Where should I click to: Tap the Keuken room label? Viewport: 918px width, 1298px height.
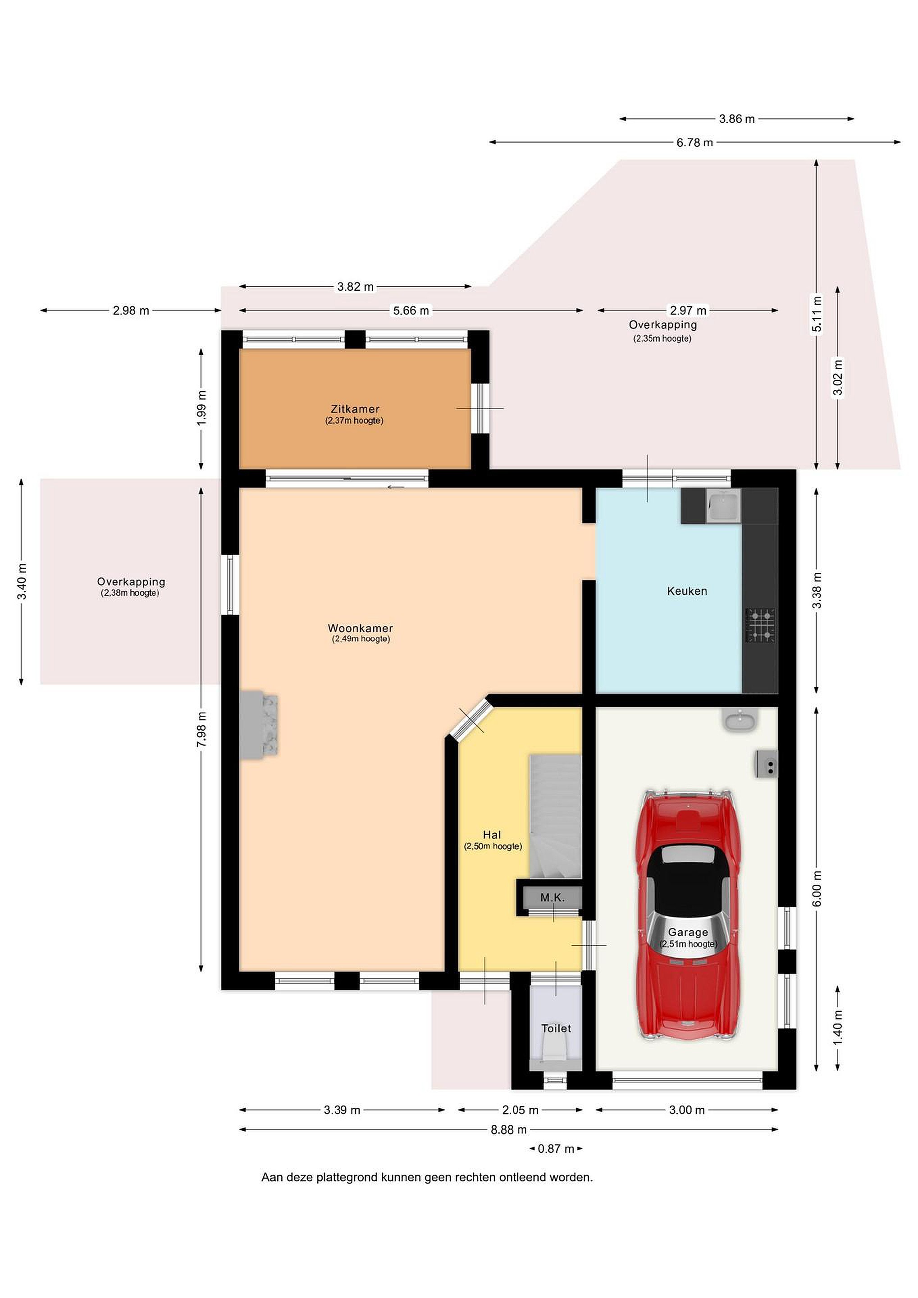pyautogui.click(x=687, y=591)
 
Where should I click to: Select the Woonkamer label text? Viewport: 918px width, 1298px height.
pyautogui.click(x=360, y=628)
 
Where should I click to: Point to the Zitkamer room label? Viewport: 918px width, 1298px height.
pyautogui.click(x=355, y=409)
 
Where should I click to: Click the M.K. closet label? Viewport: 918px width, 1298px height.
pyautogui.click(x=552, y=897)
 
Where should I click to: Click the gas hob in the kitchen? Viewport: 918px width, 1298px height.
pyautogui.click(x=760, y=625)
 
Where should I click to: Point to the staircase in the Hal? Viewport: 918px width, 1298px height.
pyautogui.click(x=555, y=816)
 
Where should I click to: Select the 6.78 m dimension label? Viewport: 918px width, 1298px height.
pyautogui.click(x=695, y=142)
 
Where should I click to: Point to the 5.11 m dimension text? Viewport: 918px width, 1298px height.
pyautogui.click(x=816, y=315)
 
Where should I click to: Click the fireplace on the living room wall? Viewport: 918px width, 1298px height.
pyautogui.click(x=260, y=725)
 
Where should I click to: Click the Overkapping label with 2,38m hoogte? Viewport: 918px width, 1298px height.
pyautogui.click(x=131, y=586)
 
